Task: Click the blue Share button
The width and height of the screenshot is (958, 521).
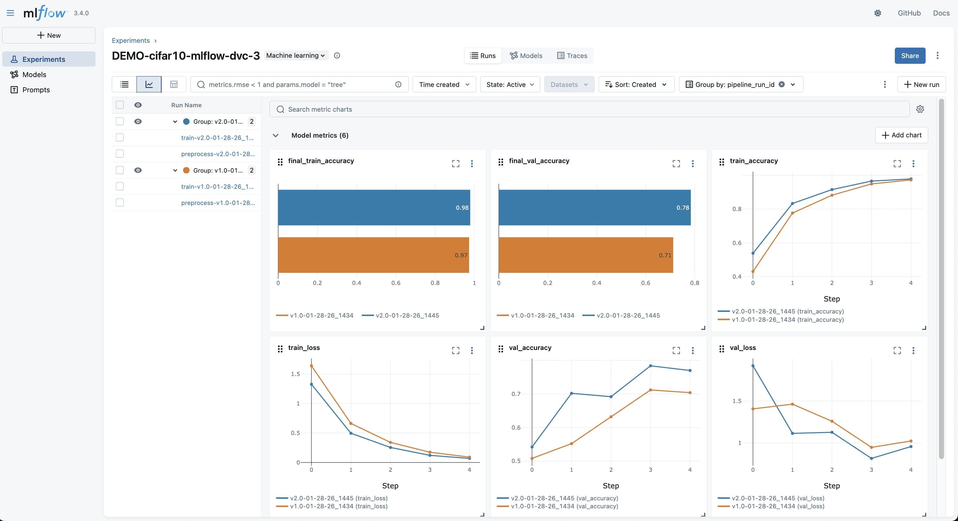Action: (x=910, y=56)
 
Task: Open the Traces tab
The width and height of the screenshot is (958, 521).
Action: (x=572, y=56)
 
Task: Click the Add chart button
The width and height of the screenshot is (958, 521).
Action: (x=901, y=135)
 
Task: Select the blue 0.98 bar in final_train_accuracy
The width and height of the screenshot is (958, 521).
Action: (x=373, y=208)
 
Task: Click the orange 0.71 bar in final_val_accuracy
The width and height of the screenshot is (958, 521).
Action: (x=585, y=255)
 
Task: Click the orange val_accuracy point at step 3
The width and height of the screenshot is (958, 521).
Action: (x=650, y=390)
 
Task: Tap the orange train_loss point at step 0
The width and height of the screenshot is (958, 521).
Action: (x=311, y=366)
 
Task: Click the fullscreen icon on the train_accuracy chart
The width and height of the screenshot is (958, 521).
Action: (x=897, y=163)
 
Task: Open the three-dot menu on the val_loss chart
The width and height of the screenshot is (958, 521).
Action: (x=913, y=350)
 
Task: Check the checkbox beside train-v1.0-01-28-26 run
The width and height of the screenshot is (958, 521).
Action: (x=120, y=187)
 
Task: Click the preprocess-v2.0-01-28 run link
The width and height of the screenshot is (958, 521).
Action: (x=217, y=154)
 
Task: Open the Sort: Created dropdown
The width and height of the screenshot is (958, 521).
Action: (x=636, y=85)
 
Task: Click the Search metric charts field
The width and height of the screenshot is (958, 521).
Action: (x=589, y=109)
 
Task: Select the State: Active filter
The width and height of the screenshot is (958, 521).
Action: (x=509, y=85)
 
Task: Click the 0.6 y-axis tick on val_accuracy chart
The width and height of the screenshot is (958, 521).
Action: (x=516, y=428)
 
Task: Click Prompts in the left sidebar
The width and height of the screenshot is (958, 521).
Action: (x=36, y=90)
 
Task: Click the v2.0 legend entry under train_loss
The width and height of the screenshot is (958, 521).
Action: (x=338, y=498)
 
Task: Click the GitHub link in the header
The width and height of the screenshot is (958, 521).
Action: (x=909, y=13)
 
